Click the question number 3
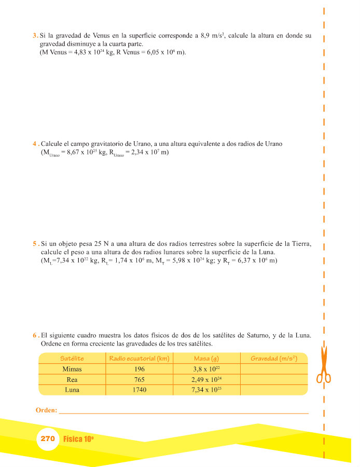point(34,36)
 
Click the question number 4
point(34,144)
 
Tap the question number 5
point(34,244)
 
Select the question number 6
point(34,336)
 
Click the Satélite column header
point(72,359)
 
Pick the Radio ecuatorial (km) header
point(139,359)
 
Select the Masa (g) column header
point(206,359)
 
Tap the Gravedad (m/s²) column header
point(273,359)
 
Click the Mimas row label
point(72,369)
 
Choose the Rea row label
point(72,380)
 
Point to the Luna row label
point(72,390)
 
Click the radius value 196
point(139,369)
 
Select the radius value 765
point(139,380)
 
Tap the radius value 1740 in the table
point(139,390)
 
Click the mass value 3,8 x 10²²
point(206,369)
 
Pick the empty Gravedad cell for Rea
point(273,380)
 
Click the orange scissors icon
point(324,365)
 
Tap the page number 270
point(47,438)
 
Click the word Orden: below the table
point(46,410)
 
